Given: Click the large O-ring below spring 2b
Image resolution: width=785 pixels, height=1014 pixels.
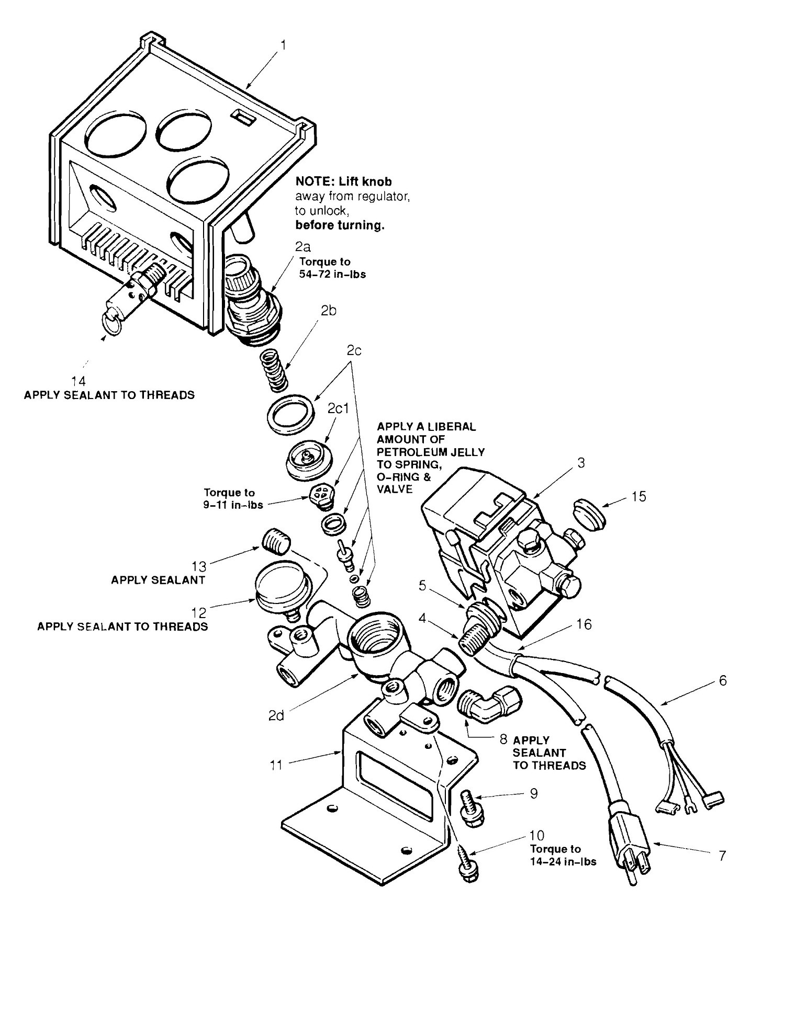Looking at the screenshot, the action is (290, 412).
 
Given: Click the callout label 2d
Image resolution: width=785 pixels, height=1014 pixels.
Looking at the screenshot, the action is (276, 715).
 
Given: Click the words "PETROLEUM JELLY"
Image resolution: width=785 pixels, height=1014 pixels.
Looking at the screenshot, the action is (431, 451).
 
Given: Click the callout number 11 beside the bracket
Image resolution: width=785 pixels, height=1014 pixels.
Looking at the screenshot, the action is (276, 765).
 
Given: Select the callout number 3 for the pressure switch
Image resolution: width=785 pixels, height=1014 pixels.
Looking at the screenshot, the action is (581, 462).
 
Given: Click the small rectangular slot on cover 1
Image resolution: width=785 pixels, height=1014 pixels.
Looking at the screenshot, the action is (243, 117).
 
